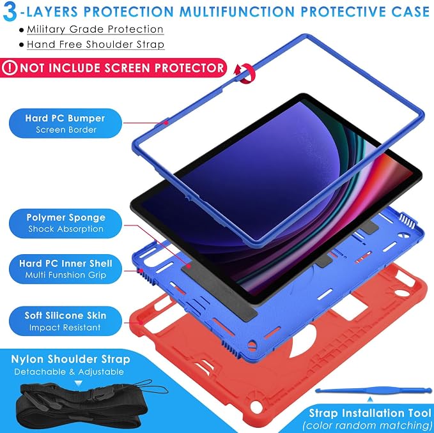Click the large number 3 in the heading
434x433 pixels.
click(x=10, y=12)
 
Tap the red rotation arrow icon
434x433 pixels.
click(x=244, y=73)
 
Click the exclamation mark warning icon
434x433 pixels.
click(x=10, y=68)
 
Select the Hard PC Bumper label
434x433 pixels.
click(x=65, y=123)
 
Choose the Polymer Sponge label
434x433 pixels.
click(x=65, y=223)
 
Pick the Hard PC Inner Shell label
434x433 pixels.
click(x=65, y=269)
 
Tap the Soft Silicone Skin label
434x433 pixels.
click(x=65, y=321)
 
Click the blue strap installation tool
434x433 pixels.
click(x=374, y=390)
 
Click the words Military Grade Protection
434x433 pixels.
click(x=95, y=29)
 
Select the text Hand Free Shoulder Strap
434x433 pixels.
click(x=96, y=45)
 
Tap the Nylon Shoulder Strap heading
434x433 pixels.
click(x=70, y=359)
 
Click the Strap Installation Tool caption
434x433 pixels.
click(x=370, y=413)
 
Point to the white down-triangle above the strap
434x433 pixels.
click(x=79, y=383)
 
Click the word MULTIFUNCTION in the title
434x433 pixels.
click(x=236, y=11)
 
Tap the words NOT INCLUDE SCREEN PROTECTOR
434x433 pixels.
click(x=122, y=68)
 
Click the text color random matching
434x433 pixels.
click(x=368, y=425)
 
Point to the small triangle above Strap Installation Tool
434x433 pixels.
click(x=370, y=400)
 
